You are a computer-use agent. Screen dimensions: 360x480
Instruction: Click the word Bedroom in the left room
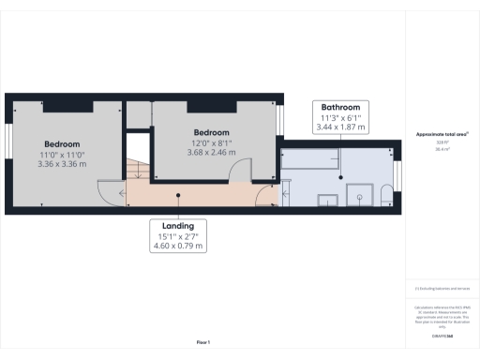click(61, 144)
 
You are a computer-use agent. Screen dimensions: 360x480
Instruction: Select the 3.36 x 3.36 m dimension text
click(61, 163)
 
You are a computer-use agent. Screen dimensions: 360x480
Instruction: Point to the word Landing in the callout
click(177, 226)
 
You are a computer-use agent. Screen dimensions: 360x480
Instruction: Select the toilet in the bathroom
click(384, 195)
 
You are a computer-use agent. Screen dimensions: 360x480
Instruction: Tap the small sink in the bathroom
click(329, 200)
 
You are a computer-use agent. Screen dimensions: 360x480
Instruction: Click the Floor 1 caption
click(202, 342)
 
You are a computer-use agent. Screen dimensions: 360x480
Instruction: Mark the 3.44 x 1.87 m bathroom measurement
click(340, 127)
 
